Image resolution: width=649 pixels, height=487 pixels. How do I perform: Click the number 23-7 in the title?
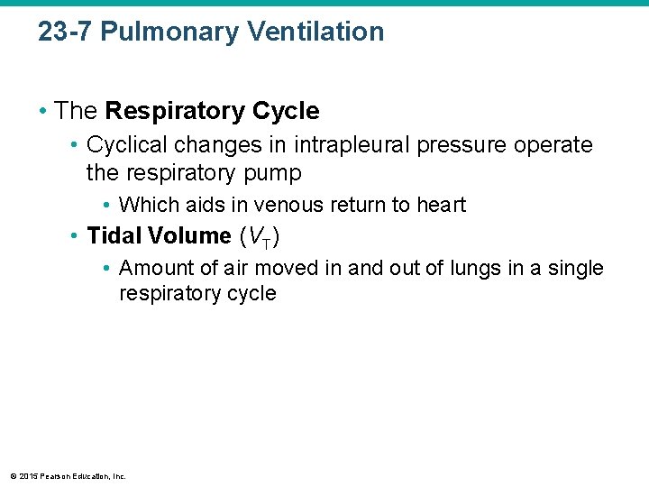coord(65,32)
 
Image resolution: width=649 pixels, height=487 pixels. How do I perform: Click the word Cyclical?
coord(125,145)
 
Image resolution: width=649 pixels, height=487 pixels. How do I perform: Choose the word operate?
coord(557,145)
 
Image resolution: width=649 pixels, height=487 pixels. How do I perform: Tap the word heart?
coord(441,205)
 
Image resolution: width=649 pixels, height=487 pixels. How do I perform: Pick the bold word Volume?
coord(189,236)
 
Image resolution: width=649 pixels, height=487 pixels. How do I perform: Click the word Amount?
coord(154,268)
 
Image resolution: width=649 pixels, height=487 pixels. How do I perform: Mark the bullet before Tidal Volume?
coord(75,236)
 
